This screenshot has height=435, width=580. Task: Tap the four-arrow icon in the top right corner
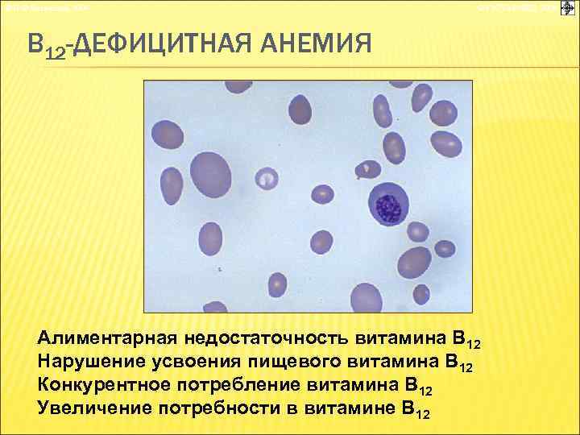(566, 7)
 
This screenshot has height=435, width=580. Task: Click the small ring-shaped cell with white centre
(266, 178)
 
